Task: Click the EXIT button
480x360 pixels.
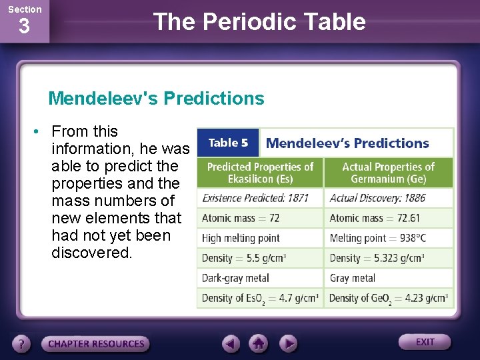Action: coord(425,342)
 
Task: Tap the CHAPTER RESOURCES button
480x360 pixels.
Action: coord(95,344)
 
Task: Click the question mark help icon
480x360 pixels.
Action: coord(23,344)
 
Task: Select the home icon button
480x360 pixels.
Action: coord(259,344)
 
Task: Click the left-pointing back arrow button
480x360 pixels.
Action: coord(231,344)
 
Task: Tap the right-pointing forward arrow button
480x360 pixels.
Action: coord(287,344)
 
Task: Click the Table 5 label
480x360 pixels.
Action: coord(228,143)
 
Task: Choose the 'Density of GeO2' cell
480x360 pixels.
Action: coord(388,298)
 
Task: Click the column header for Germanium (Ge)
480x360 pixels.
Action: coord(388,173)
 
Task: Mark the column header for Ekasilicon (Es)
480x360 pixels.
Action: coord(260,173)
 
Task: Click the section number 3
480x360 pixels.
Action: coord(24,27)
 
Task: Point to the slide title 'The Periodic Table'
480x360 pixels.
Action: coord(259,22)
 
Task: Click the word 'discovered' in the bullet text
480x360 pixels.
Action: coord(91,253)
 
